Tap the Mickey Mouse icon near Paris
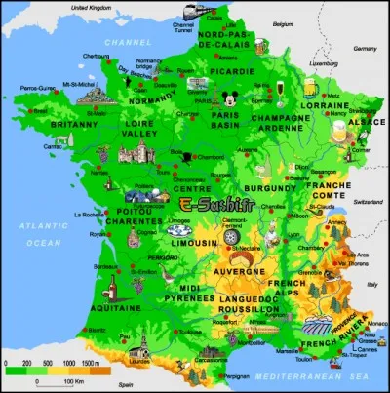tap(228, 98)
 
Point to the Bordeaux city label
tap(95, 265)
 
